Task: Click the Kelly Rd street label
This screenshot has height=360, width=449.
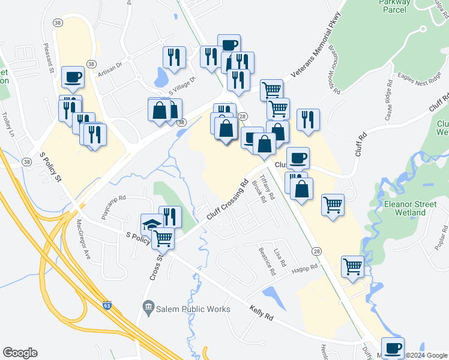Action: [x=261, y=312]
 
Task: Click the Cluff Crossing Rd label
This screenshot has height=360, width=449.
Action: [x=227, y=200]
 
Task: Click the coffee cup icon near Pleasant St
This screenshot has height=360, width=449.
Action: [x=73, y=77]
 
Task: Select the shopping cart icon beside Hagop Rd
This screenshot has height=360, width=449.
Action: [x=352, y=265]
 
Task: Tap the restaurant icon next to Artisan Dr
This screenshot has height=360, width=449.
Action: [x=174, y=57]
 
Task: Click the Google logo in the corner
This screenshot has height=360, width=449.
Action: [x=20, y=353]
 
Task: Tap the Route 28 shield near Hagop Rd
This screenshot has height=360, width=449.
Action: [x=315, y=249]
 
